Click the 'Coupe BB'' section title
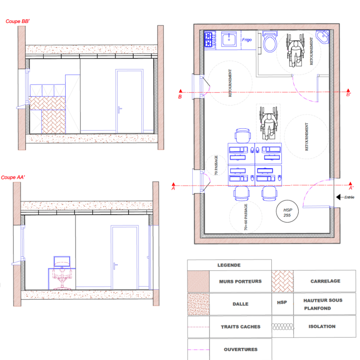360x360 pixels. coord(18,22)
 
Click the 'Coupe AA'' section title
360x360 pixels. coord(13,178)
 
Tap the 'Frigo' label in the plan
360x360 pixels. coord(247,40)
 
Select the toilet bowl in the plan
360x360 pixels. coord(270,42)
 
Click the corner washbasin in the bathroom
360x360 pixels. coord(323,37)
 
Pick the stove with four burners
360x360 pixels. coord(210,39)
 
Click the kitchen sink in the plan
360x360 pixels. coord(229,39)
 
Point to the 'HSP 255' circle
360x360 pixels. coord(287,211)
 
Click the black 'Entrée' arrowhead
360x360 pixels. coord(338,197)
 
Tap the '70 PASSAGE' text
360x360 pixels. coord(216,165)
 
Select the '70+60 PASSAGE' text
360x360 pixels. coord(246,217)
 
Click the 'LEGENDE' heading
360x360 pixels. coord(229,265)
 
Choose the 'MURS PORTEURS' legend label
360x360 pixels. coord(240,281)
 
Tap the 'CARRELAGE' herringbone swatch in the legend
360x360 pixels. coord(282,281)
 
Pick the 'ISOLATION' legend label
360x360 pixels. coord(322,326)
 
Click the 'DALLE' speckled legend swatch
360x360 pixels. coord(198,304)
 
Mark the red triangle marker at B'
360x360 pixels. coord(348,90)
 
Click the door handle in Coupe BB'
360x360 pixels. coord(120,110)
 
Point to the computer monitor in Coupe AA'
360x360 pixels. coord(62,262)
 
